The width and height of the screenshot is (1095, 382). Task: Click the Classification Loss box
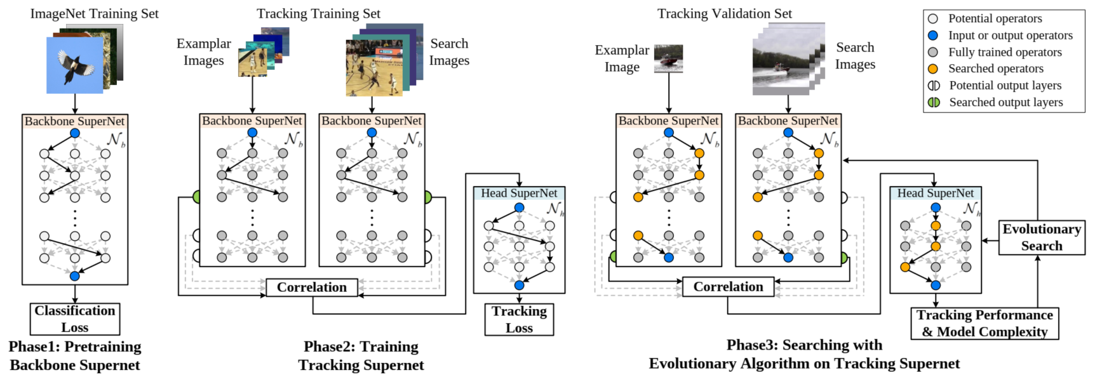(x=75, y=319)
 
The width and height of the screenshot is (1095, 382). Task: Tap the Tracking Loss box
(x=519, y=319)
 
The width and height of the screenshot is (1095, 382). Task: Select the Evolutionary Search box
(x=1042, y=237)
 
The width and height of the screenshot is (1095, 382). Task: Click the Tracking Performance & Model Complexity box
(x=984, y=323)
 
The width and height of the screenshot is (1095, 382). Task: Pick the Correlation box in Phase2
(x=312, y=287)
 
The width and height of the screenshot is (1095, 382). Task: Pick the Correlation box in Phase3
(x=728, y=287)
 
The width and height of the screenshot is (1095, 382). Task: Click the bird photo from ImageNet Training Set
(x=75, y=65)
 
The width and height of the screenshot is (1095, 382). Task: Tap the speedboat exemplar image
(x=668, y=58)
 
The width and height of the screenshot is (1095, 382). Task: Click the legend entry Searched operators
(x=995, y=69)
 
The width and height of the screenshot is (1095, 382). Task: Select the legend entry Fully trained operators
(x=1004, y=52)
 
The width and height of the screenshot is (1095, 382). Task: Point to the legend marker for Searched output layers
(x=934, y=102)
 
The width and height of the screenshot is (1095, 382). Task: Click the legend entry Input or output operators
(x=1010, y=36)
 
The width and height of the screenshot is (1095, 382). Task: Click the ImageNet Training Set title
(x=95, y=13)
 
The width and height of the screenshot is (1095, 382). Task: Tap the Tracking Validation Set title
(x=725, y=13)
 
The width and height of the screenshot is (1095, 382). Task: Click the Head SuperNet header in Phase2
(x=519, y=193)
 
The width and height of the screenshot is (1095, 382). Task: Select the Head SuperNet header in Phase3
(x=935, y=193)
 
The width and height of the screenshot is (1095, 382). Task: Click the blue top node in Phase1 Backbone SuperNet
(x=75, y=133)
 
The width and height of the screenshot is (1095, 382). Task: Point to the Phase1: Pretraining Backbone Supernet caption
(x=75, y=355)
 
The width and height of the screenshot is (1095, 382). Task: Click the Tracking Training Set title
(x=318, y=13)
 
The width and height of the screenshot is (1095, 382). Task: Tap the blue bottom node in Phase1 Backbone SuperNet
(x=75, y=276)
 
